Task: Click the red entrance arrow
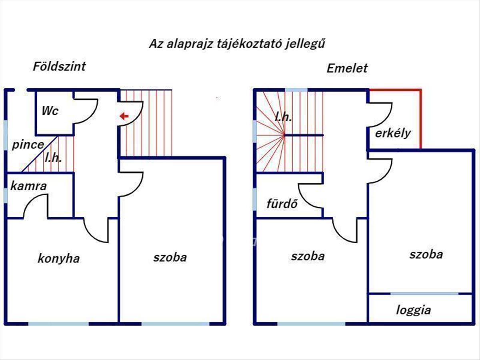coord(124,116)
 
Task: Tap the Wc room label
coord(50,111)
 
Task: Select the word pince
coord(27,144)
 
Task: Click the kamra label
coord(29,186)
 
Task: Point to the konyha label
coord(58,258)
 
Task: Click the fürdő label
coord(282,204)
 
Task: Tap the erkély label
coord(393,133)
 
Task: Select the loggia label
coord(414,310)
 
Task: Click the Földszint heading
coord(59,66)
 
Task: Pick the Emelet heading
coord(347,68)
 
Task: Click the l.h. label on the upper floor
coord(283,117)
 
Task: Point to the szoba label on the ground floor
coord(170,257)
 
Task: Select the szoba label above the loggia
coord(426,254)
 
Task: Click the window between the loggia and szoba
coord(424,294)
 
